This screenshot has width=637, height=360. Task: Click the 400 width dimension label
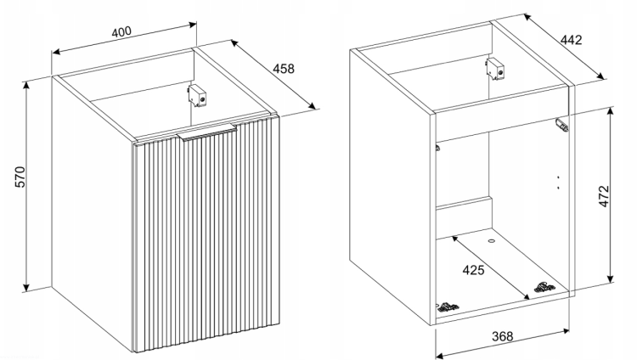tap(121, 31)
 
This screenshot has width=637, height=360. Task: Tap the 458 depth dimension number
tap(283, 69)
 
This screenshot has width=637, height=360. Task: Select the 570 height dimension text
tap(20, 177)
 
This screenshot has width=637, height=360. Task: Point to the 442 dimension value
tap(572, 40)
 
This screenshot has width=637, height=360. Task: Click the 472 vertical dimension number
tap(604, 196)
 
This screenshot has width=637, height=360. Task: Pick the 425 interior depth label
tap(474, 269)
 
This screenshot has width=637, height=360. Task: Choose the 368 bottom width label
tap(503, 336)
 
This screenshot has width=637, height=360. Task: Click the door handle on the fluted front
tap(207, 132)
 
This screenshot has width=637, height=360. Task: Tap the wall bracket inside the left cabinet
tap(197, 96)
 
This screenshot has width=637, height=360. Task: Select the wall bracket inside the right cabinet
tap(497, 69)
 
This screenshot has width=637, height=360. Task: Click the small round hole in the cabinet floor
tap(491, 241)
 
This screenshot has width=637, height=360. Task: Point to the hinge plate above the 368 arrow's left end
tap(448, 307)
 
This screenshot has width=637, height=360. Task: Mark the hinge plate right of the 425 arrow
tap(544, 287)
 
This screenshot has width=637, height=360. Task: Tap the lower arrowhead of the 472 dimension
tap(610, 278)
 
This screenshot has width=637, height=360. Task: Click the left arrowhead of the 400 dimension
tap(56, 52)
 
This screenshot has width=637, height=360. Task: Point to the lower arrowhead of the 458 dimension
tap(312, 106)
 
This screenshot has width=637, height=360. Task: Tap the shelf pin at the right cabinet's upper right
tap(562, 125)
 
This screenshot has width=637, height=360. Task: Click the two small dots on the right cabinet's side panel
tap(558, 183)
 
